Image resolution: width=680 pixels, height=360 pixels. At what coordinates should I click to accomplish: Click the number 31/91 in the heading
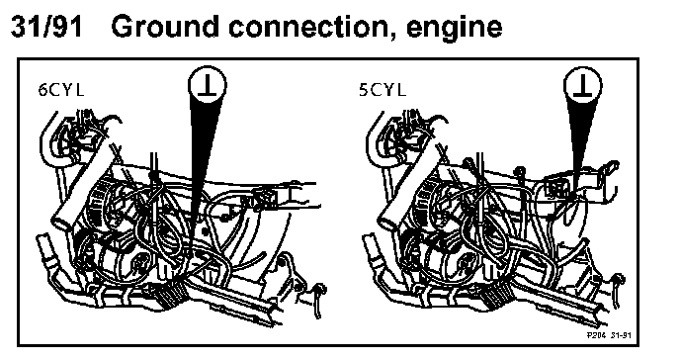[x=46, y=26]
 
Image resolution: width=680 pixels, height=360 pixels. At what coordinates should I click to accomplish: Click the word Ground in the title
[x=165, y=26]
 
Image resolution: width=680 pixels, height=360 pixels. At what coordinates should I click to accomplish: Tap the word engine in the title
[x=455, y=30]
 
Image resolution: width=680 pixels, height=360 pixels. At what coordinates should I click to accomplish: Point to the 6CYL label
[x=60, y=90]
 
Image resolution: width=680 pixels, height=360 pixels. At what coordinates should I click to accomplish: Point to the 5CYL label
[x=382, y=90]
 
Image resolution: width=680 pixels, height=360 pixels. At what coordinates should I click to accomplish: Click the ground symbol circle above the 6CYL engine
[x=208, y=85]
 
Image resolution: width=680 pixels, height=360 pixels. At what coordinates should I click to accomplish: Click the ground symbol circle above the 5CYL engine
[x=583, y=85]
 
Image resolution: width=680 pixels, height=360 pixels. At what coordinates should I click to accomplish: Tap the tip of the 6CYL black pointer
[x=190, y=255]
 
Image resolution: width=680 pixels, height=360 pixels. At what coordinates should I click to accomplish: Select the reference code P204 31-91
[x=609, y=335]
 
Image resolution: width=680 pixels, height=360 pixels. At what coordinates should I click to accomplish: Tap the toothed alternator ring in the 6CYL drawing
[x=98, y=204]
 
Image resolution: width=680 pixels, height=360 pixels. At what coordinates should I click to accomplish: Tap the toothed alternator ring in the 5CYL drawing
[x=424, y=204]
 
